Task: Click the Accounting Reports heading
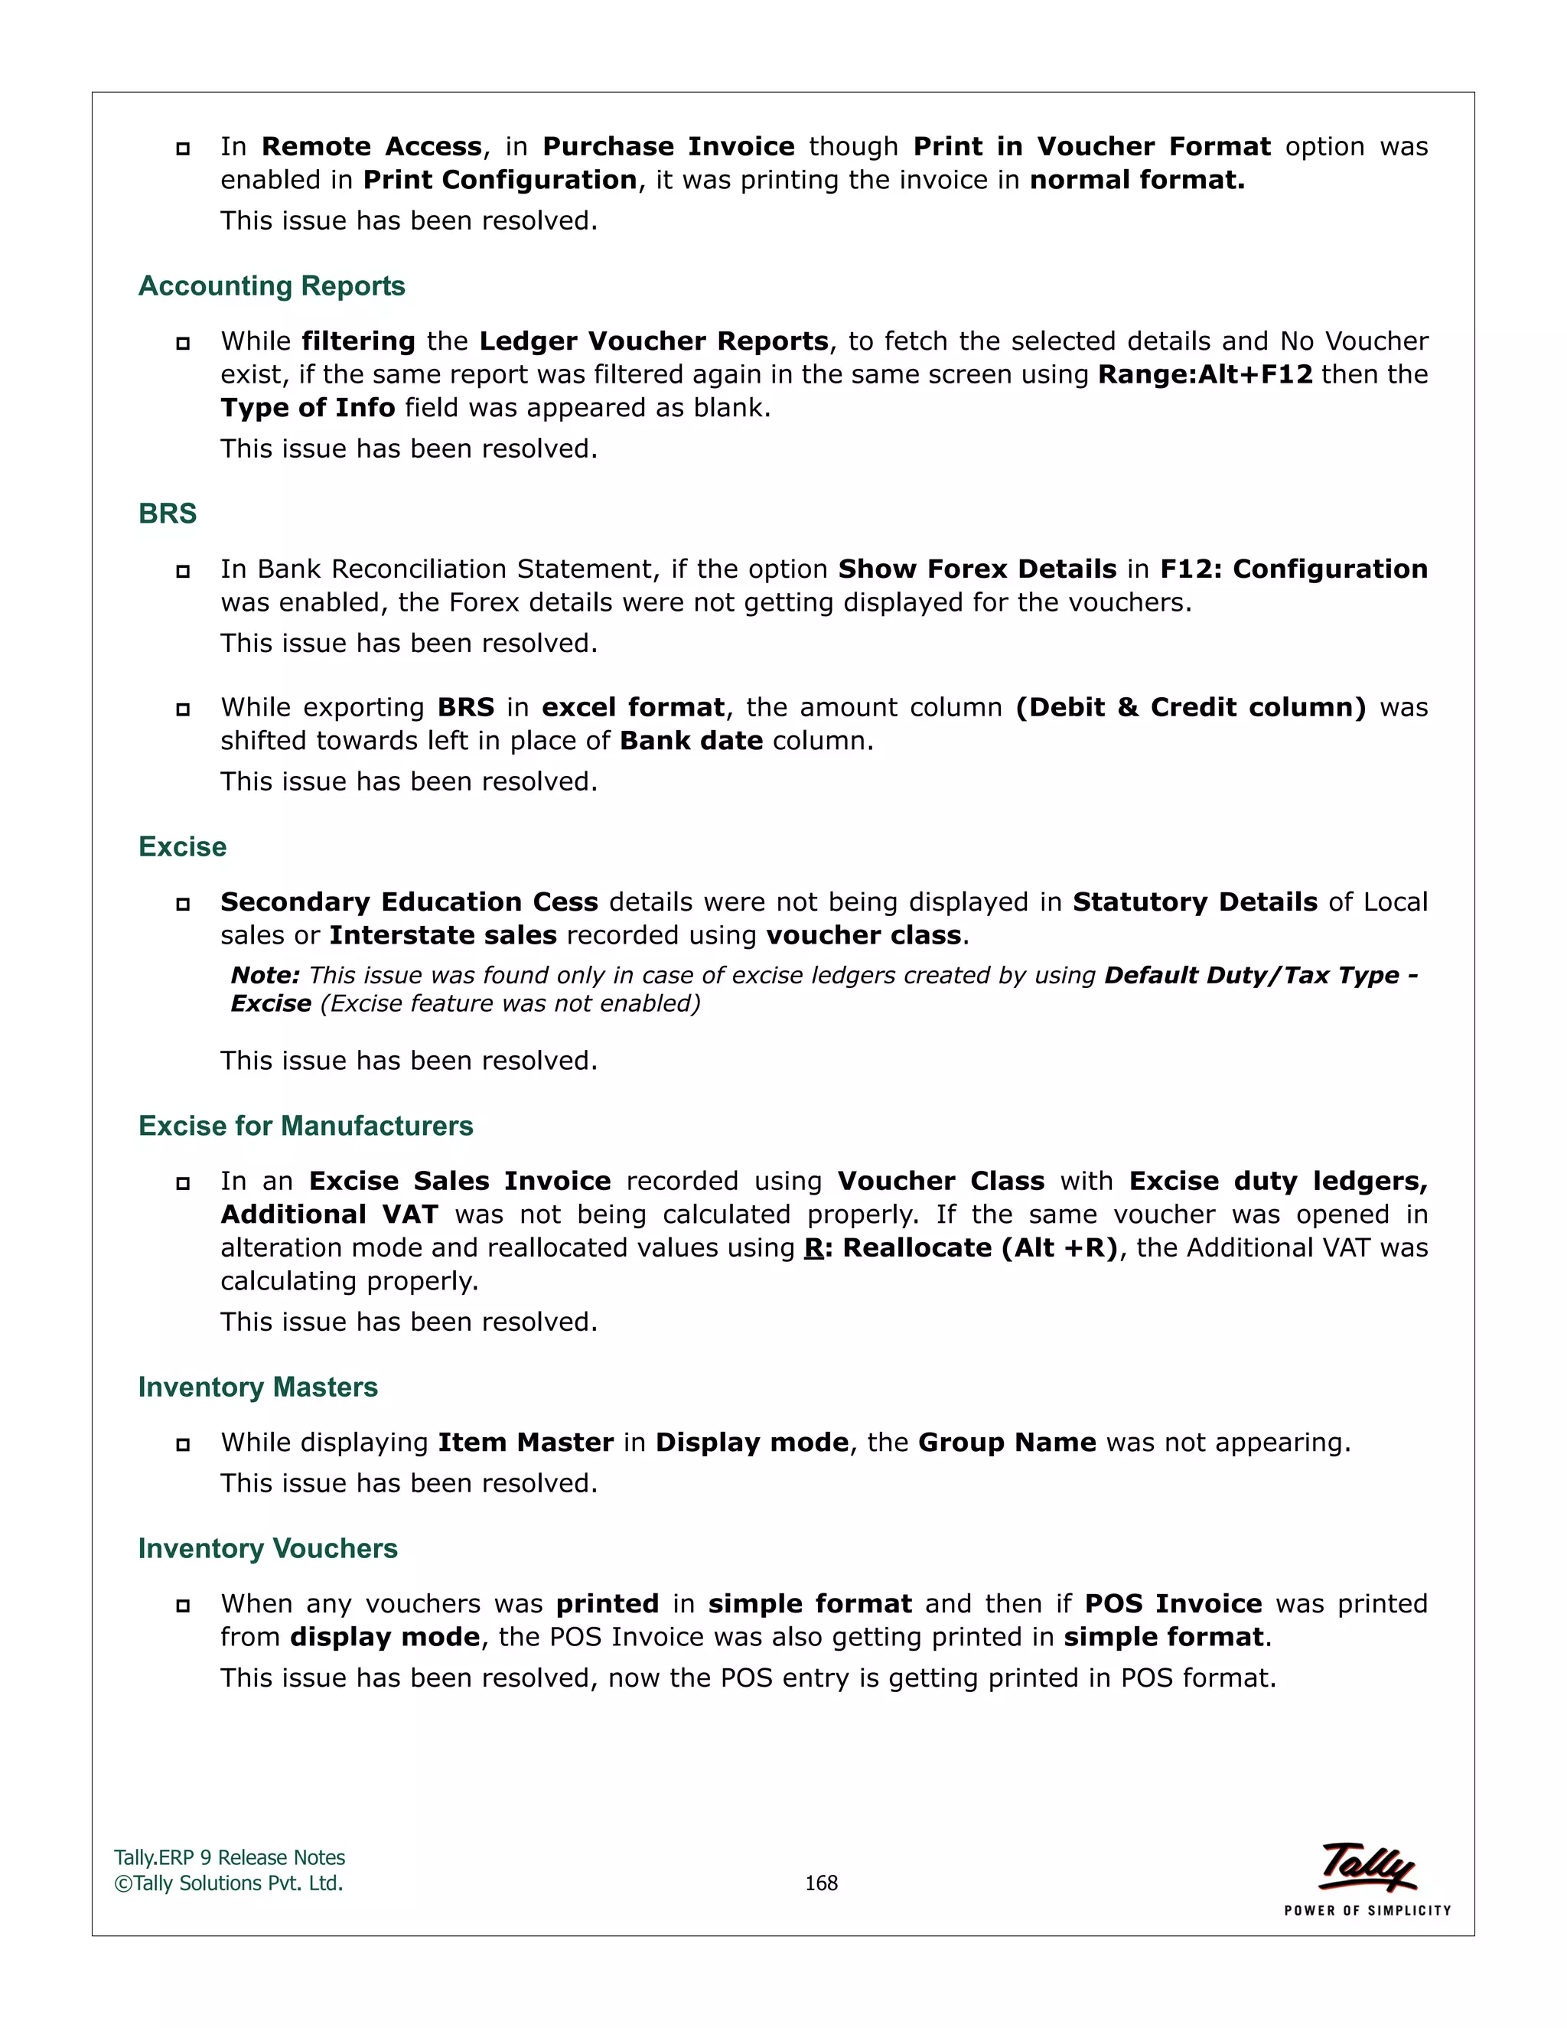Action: pyautogui.click(x=271, y=286)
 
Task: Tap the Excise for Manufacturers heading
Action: pyautogui.click(x=305, y=1126)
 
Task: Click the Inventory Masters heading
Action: pyautogui.click(x=258, y=1387)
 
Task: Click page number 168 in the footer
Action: pyautogui.click(x=821, y=1883)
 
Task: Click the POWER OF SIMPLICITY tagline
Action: pyautogui.click(x=1367, y=1910)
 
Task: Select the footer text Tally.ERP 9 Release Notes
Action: pyautogui.click(x=230, y=1857)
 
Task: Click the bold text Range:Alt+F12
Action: pyautogui.click(x=1205, y=374)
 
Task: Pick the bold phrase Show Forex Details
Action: pyautogui.click(x=976, y=569)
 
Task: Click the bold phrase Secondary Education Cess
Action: pyautogui.click(x=409, y=902)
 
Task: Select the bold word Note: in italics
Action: pyautogui.click(x=265, y=975)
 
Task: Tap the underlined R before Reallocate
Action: pyautogui.click(x=813, y=1247)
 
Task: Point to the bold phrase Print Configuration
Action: pyautogui.click(x=500, y=179)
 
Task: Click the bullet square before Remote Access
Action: pyautogui.click(x=183, y=148)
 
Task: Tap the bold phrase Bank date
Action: pyautogui.click(x=691, y=740)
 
